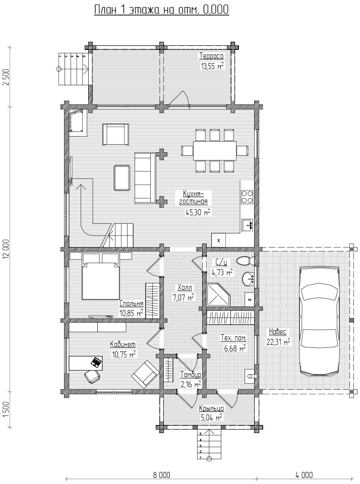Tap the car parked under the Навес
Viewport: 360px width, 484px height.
point(320,321)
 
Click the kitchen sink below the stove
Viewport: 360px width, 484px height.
point(247,225)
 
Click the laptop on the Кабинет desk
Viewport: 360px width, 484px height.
point(96,362)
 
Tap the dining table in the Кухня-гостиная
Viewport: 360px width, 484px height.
point(215,150)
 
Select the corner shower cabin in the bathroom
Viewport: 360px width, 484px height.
point(218,295)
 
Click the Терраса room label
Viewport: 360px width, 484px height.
point(211,56)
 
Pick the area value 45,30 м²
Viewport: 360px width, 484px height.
point(198,212)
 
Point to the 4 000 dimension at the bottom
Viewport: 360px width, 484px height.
point(304,475)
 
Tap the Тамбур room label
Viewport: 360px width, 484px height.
point(191,375)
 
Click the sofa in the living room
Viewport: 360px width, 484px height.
point(145,178)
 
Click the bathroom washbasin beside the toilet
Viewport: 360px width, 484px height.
point(248,279)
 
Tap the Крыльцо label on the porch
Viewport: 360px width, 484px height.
point(211,409)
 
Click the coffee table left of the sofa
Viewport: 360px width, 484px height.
point(122,178)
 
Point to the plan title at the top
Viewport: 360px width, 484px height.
point(161,10)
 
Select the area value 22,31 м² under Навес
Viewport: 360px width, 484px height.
point(278,342)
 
